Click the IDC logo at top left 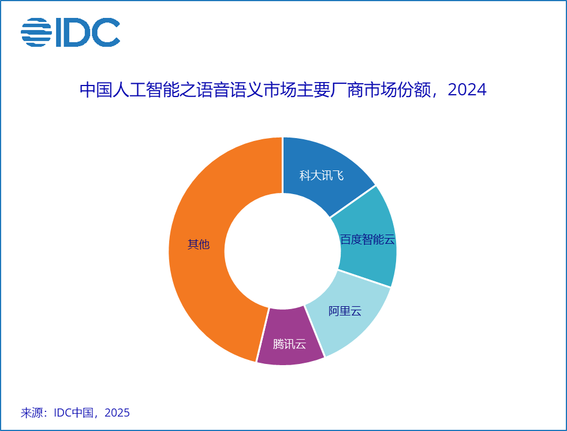click(x=70, y=32)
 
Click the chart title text click(x=283, y=90)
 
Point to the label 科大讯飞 click(x=322, y=176)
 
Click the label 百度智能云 click(x=367, y=240)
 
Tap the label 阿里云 click(x=345, y=311)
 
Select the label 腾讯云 click(x=289, y=344)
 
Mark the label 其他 click(x=198, y=244)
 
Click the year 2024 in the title click(x=467, y=90)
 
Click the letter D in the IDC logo click(x=77, y=32)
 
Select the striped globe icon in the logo click(x=36, y=32)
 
